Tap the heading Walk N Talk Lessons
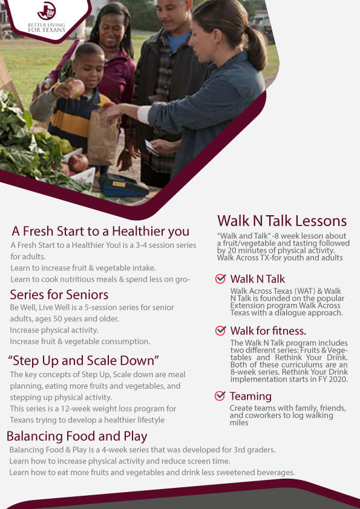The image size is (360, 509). pyautogui.click(x=282, y=221)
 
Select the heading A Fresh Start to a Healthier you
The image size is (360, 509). pyautogui.click(x=100, y=232)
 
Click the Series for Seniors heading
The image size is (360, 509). pyautogui.click(x=59, y=295)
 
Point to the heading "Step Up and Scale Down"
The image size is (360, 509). pyautogui.click(x=83, y=361)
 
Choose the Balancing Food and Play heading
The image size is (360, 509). pyautogui.click(x=77, y=436)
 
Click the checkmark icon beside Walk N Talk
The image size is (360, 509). pyautogui.click(x=221, y=279)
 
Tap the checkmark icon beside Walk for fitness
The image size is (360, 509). pyautogui.click(x=221, y=331)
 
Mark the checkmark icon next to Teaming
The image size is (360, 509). pyautogui.click(x=220, y=396)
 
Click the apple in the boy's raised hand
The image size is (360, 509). pyautogui.click(x=76, y=88)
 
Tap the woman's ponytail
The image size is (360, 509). pyautogui.click(x=256, y=49)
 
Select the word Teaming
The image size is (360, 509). pyautogui.click(x=250, y=397)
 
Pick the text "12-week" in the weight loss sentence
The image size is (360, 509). pyautogui.click(x=76, y=409)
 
